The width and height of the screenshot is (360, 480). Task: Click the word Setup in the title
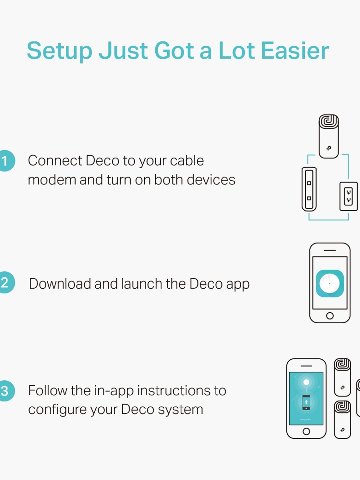(59, 51)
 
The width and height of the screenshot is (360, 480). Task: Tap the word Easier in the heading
(295, 51)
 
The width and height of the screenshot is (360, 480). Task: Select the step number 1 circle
(6, 161)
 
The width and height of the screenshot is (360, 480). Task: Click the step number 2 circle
(6, 282)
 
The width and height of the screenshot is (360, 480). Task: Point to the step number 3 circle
(6, 391)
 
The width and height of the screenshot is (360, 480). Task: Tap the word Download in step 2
(60, 284)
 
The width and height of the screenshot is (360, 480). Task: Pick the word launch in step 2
(142, 284)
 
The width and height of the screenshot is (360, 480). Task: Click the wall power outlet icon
(348, 196)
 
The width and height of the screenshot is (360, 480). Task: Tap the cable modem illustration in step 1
(309, 189)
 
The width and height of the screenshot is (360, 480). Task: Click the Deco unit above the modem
(329, 136)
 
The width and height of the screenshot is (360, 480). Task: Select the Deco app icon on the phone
(330, 283)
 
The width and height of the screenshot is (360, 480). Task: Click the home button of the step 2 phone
(330, 316)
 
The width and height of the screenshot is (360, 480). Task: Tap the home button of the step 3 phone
(306, 431)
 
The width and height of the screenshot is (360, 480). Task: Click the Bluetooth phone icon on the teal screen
(306, 402)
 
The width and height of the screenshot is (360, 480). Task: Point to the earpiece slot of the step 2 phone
(330, 250)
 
